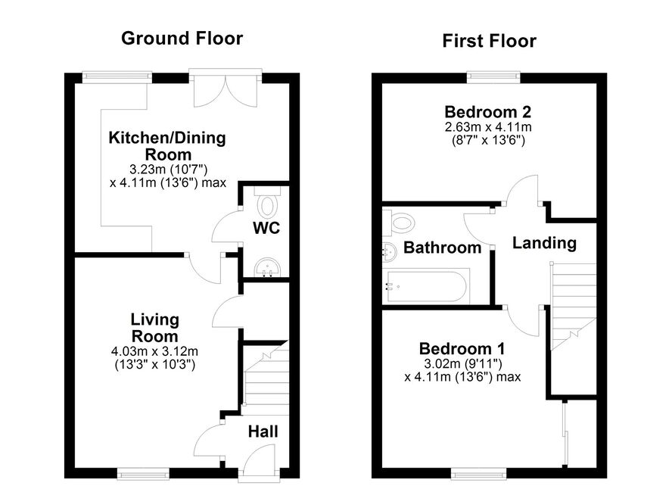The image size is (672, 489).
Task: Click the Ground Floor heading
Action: click(x=182, y=38)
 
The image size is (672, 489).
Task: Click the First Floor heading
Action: click(x=489, y=41)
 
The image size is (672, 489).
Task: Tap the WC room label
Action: click(x=266, y=228)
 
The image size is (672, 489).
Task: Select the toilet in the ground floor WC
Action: click(x=267, y=201)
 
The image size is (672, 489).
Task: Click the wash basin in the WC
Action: click(x=267, y=268)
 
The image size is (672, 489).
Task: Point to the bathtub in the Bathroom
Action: click(x=426, y=287)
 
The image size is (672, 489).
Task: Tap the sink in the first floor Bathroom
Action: click(x=389, y=251)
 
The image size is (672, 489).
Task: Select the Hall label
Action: click(x=263, y=431)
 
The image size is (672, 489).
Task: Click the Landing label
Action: click(x=544, y=244)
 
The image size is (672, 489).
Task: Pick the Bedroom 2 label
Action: click(x=487, y=112)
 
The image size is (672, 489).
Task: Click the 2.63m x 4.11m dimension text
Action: click(x=488, y=127)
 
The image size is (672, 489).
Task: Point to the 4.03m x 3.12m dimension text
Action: click(x=154, y=351)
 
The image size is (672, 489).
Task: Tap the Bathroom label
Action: click(x=442, y=248)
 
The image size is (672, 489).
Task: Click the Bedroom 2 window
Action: click(x=493, y=77)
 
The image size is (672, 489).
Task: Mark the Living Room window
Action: click(x=144, y=473)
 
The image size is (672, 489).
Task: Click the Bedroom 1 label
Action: click(x=462, y=348)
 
